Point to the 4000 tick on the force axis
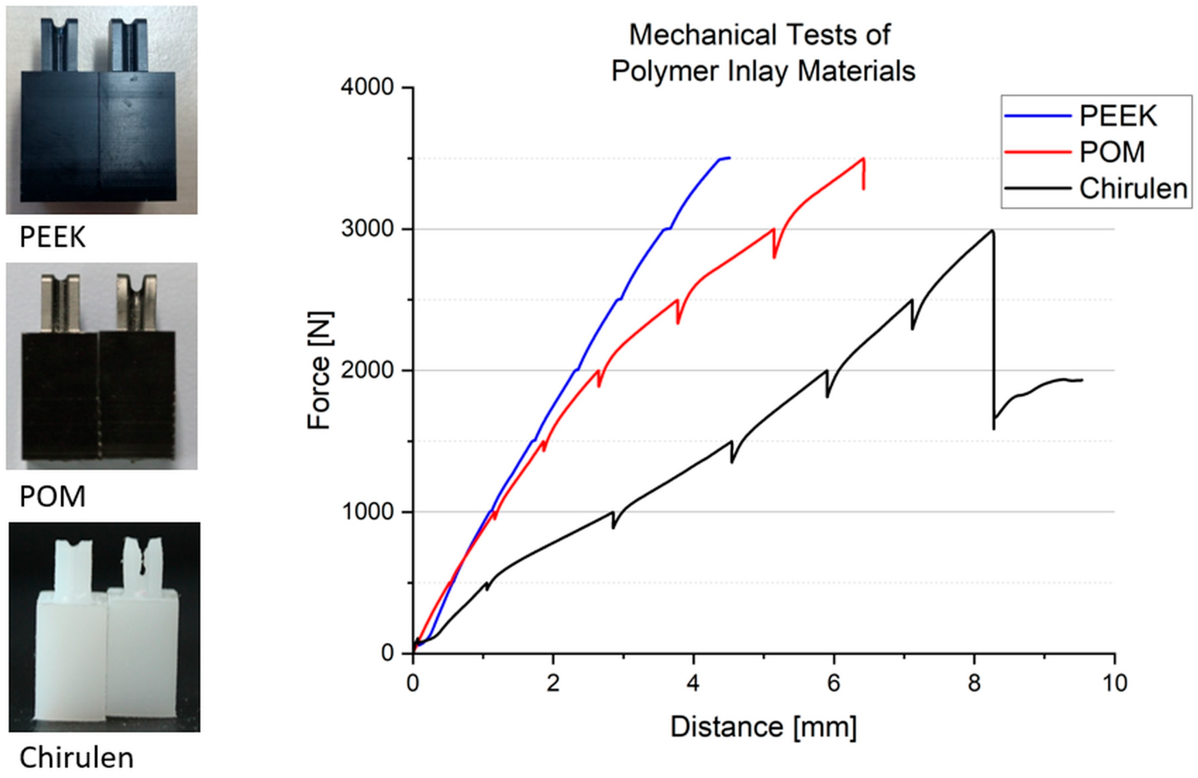tap(367, 87)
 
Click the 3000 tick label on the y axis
tap(367, 229)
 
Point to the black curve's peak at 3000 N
tap(992, 231)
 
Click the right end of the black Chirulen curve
tap(1082, 380)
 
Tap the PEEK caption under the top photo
tap(52, 237)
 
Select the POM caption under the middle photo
tap(52, 497)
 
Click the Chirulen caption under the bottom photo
tap(77, 758)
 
